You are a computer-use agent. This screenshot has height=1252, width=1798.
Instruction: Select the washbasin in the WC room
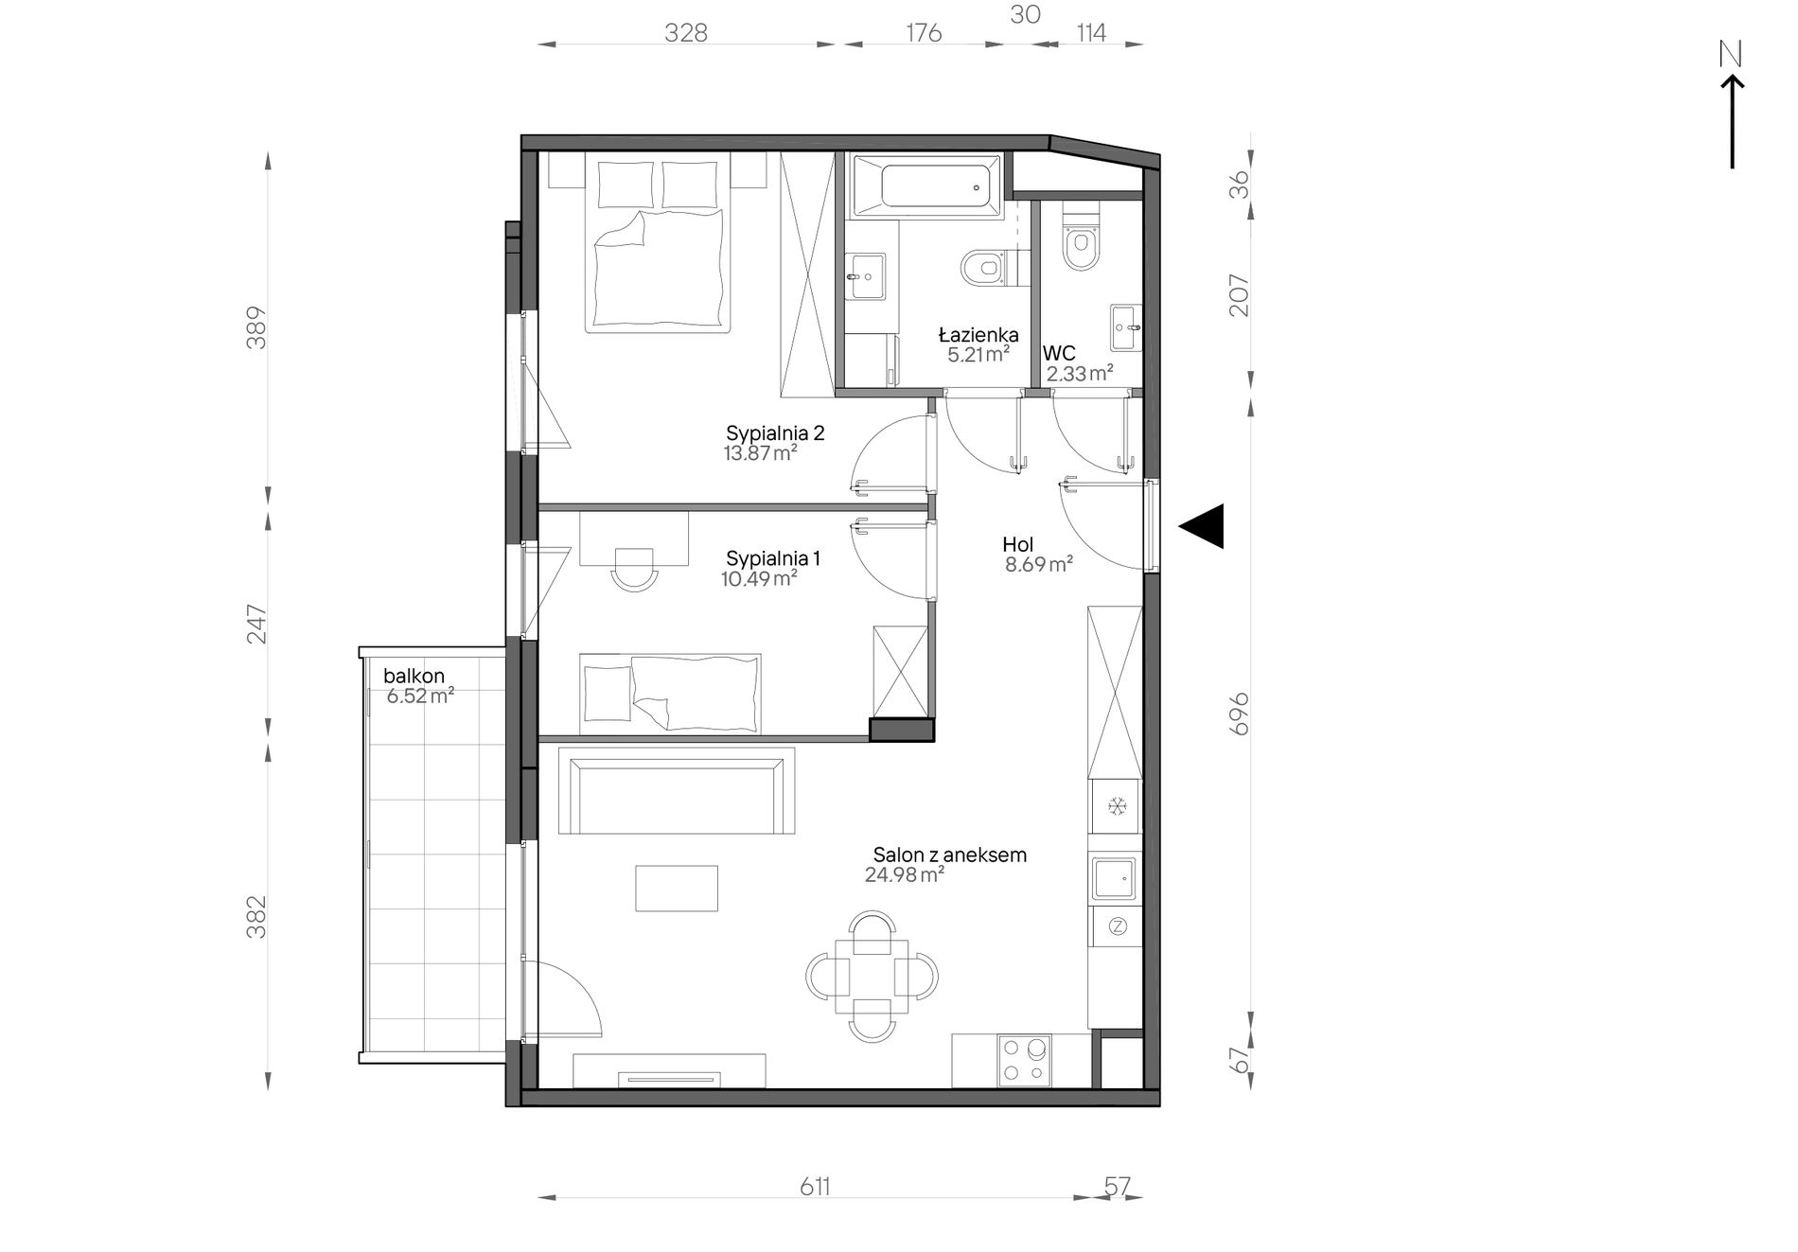tap(1126, 327)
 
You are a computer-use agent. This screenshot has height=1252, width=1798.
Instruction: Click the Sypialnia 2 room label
tap(775, 433)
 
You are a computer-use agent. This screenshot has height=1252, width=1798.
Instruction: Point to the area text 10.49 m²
tap(759, 578)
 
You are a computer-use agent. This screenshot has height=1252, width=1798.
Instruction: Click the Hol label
tap(1018, 544)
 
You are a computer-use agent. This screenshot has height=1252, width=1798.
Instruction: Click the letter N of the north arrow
tap(1730, 55)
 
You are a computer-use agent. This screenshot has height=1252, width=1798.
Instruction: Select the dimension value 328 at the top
tap(686, 33)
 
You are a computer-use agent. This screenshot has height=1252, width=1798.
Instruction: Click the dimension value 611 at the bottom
tap(815, 1187)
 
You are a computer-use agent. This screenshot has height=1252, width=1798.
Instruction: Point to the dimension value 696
tap(1239, 714)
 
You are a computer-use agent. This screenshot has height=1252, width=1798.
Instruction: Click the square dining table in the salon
tap(872, 976)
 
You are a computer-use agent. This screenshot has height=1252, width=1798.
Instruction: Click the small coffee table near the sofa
tap(677, 888)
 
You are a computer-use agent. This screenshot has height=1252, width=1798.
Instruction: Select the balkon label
tap(414, 676)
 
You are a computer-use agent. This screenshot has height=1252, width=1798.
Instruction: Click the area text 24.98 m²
tap(905, 875)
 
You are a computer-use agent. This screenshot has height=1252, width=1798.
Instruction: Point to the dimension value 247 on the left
tap(256, 625)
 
